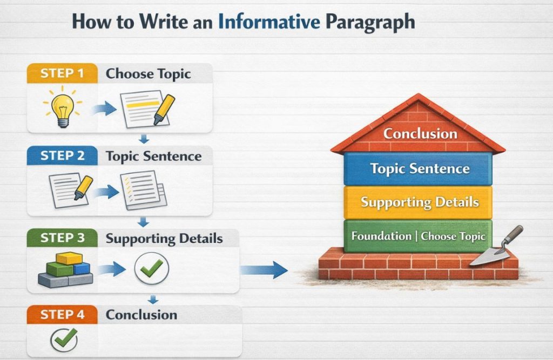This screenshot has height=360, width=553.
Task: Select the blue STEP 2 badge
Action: [x=62, y=157]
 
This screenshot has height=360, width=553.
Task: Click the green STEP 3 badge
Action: [x=62, y=238]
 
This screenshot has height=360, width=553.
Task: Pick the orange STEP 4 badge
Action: [x=62, y=315]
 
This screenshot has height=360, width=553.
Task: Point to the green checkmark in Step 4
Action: [x=64, y=341]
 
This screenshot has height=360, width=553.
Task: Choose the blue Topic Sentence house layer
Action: [x=419, y=168]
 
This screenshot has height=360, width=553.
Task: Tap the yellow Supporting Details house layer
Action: [x=419, y=202]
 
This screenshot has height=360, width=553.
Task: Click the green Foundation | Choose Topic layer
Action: [x=418, y=236]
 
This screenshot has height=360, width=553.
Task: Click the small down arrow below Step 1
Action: [x=144, y=139]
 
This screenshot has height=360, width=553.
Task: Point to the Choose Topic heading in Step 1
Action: [x=148, y=74]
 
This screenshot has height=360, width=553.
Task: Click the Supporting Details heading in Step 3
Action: [x=164, y=238]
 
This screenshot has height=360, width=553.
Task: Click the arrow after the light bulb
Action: [x=104, y=110]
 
